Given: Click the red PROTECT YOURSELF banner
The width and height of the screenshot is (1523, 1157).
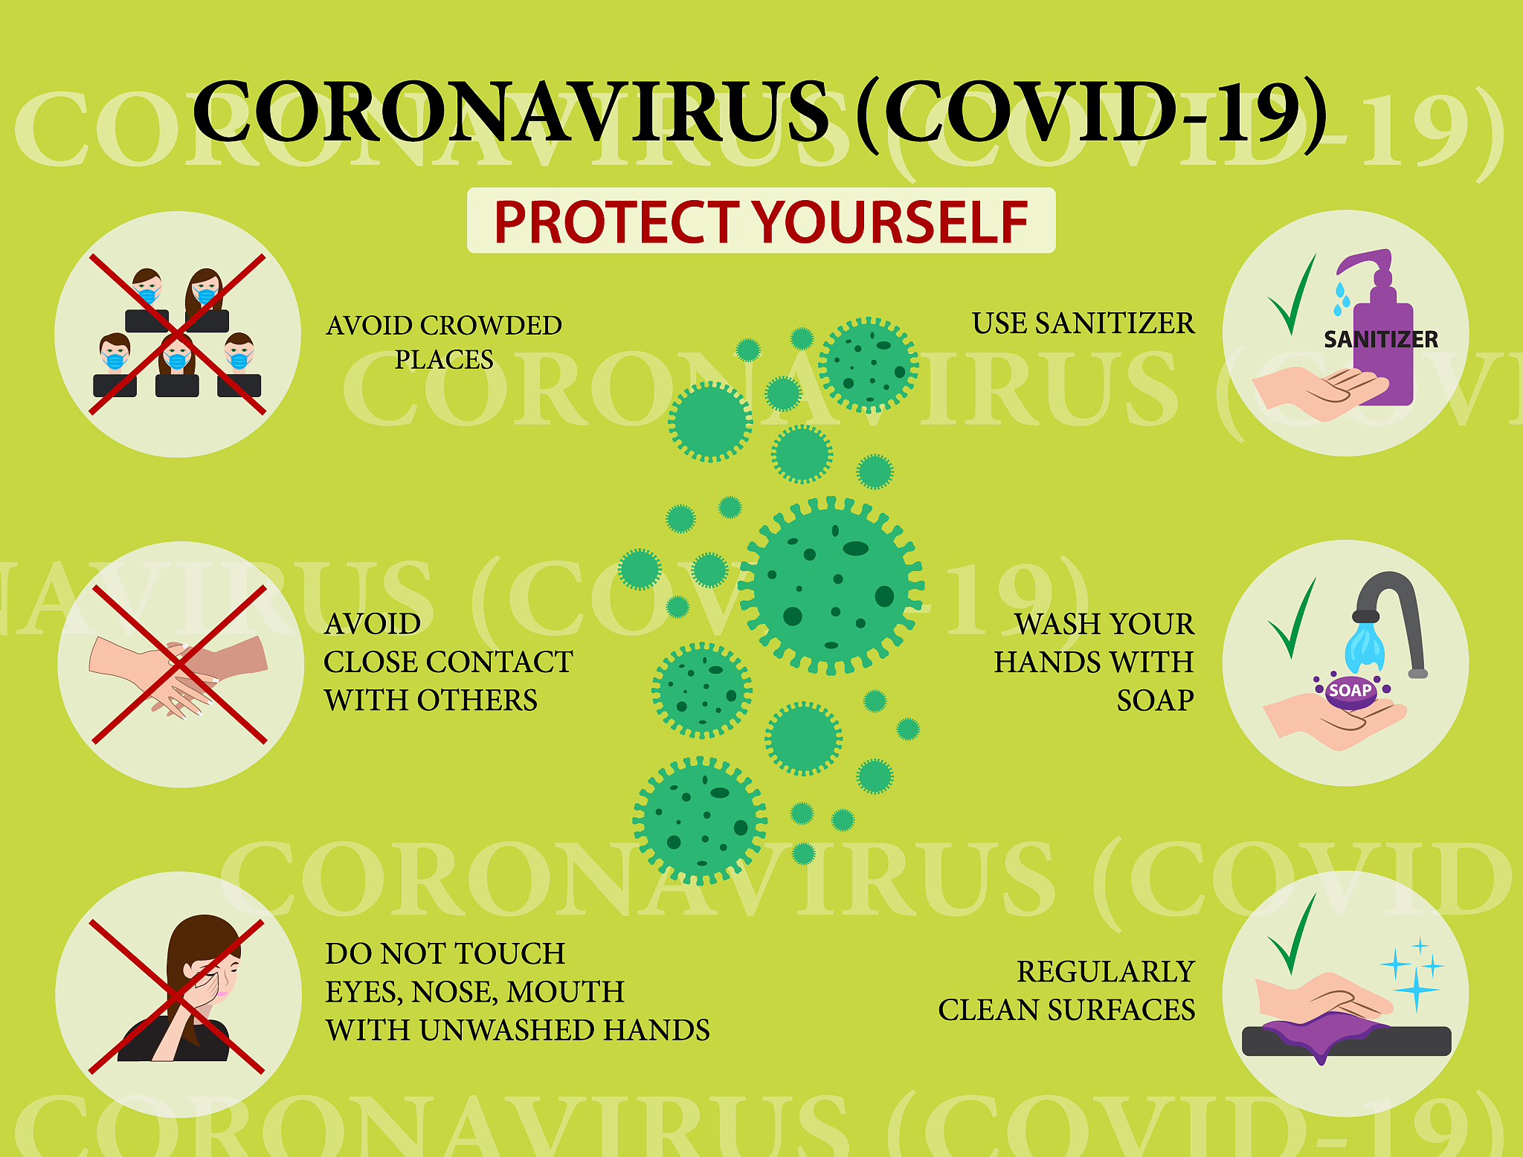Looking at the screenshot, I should tap(761, 222).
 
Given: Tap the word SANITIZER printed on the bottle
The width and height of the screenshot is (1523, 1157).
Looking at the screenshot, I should tap(1380, 340).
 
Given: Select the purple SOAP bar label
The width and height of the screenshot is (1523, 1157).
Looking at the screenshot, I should tap(1350, 690).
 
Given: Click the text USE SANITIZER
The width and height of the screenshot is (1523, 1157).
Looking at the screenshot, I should tap(1083, 323).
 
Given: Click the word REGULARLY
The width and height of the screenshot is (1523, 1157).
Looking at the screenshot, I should tap(1105, 972).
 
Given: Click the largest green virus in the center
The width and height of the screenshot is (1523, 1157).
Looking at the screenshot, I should tap(831, 586).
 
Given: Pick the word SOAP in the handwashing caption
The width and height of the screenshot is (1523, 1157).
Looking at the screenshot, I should tap(1155, 700).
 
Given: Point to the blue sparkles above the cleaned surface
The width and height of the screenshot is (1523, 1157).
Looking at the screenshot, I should tap(1413, 974).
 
